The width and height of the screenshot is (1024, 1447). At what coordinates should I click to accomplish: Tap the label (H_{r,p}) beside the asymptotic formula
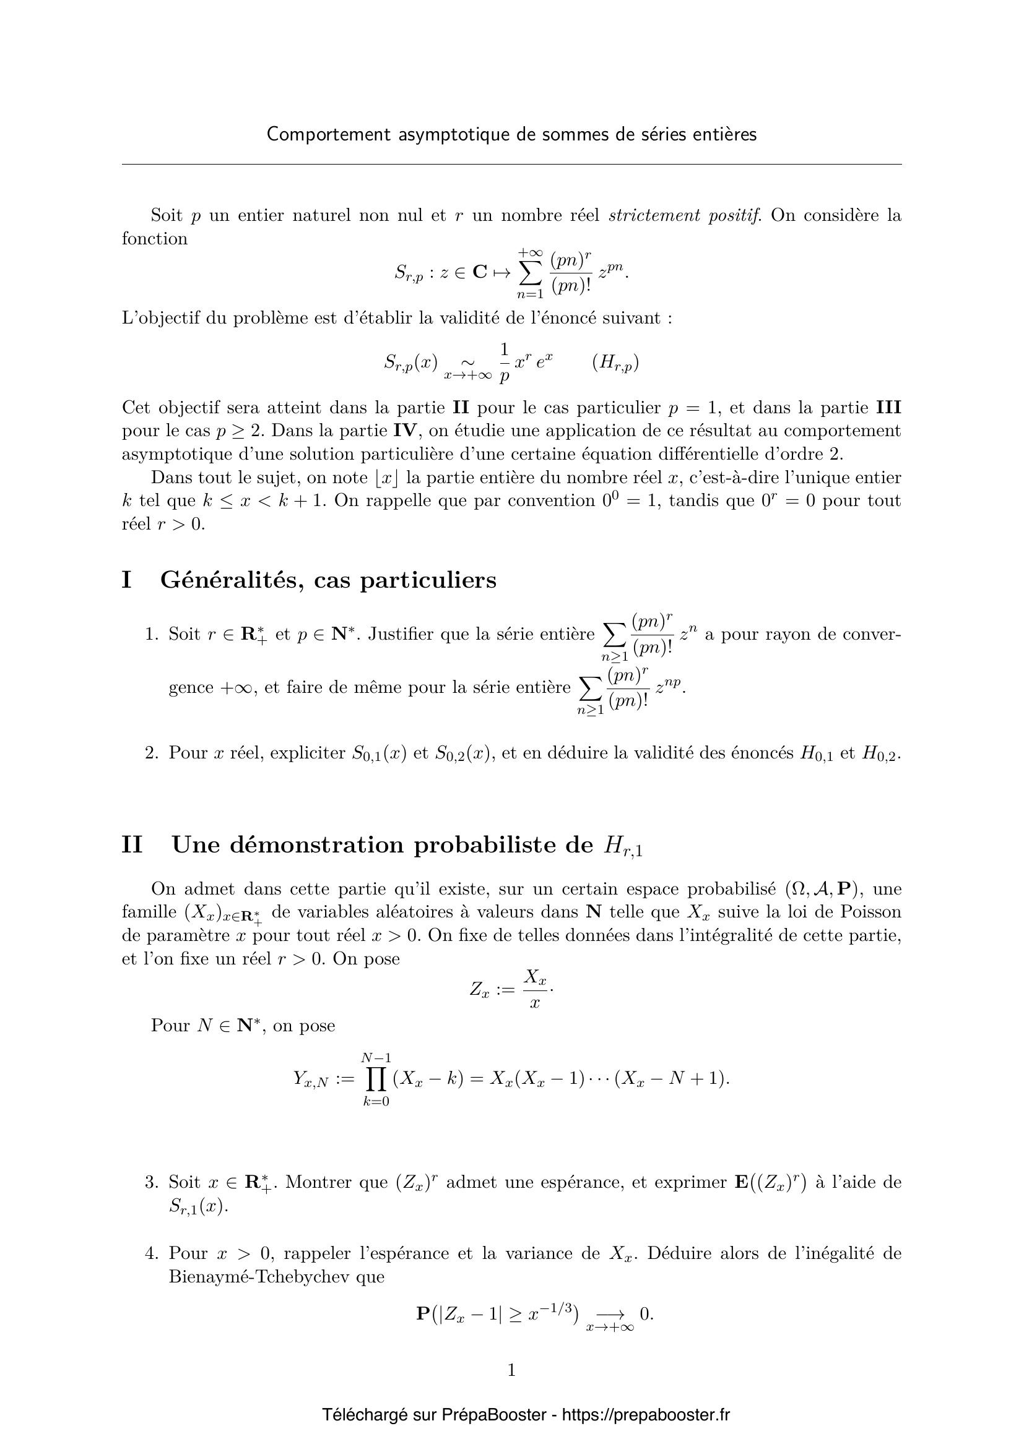(x=615, y=363)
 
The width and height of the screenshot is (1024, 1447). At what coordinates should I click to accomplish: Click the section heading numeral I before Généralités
(x=127, y=580)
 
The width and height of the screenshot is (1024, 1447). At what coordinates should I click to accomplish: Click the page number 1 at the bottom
(x=511, y=1370)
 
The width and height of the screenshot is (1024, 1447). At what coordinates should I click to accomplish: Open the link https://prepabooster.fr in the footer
(x=645, y=1415)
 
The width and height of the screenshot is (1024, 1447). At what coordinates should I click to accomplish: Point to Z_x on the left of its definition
(x=479, y=989)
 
